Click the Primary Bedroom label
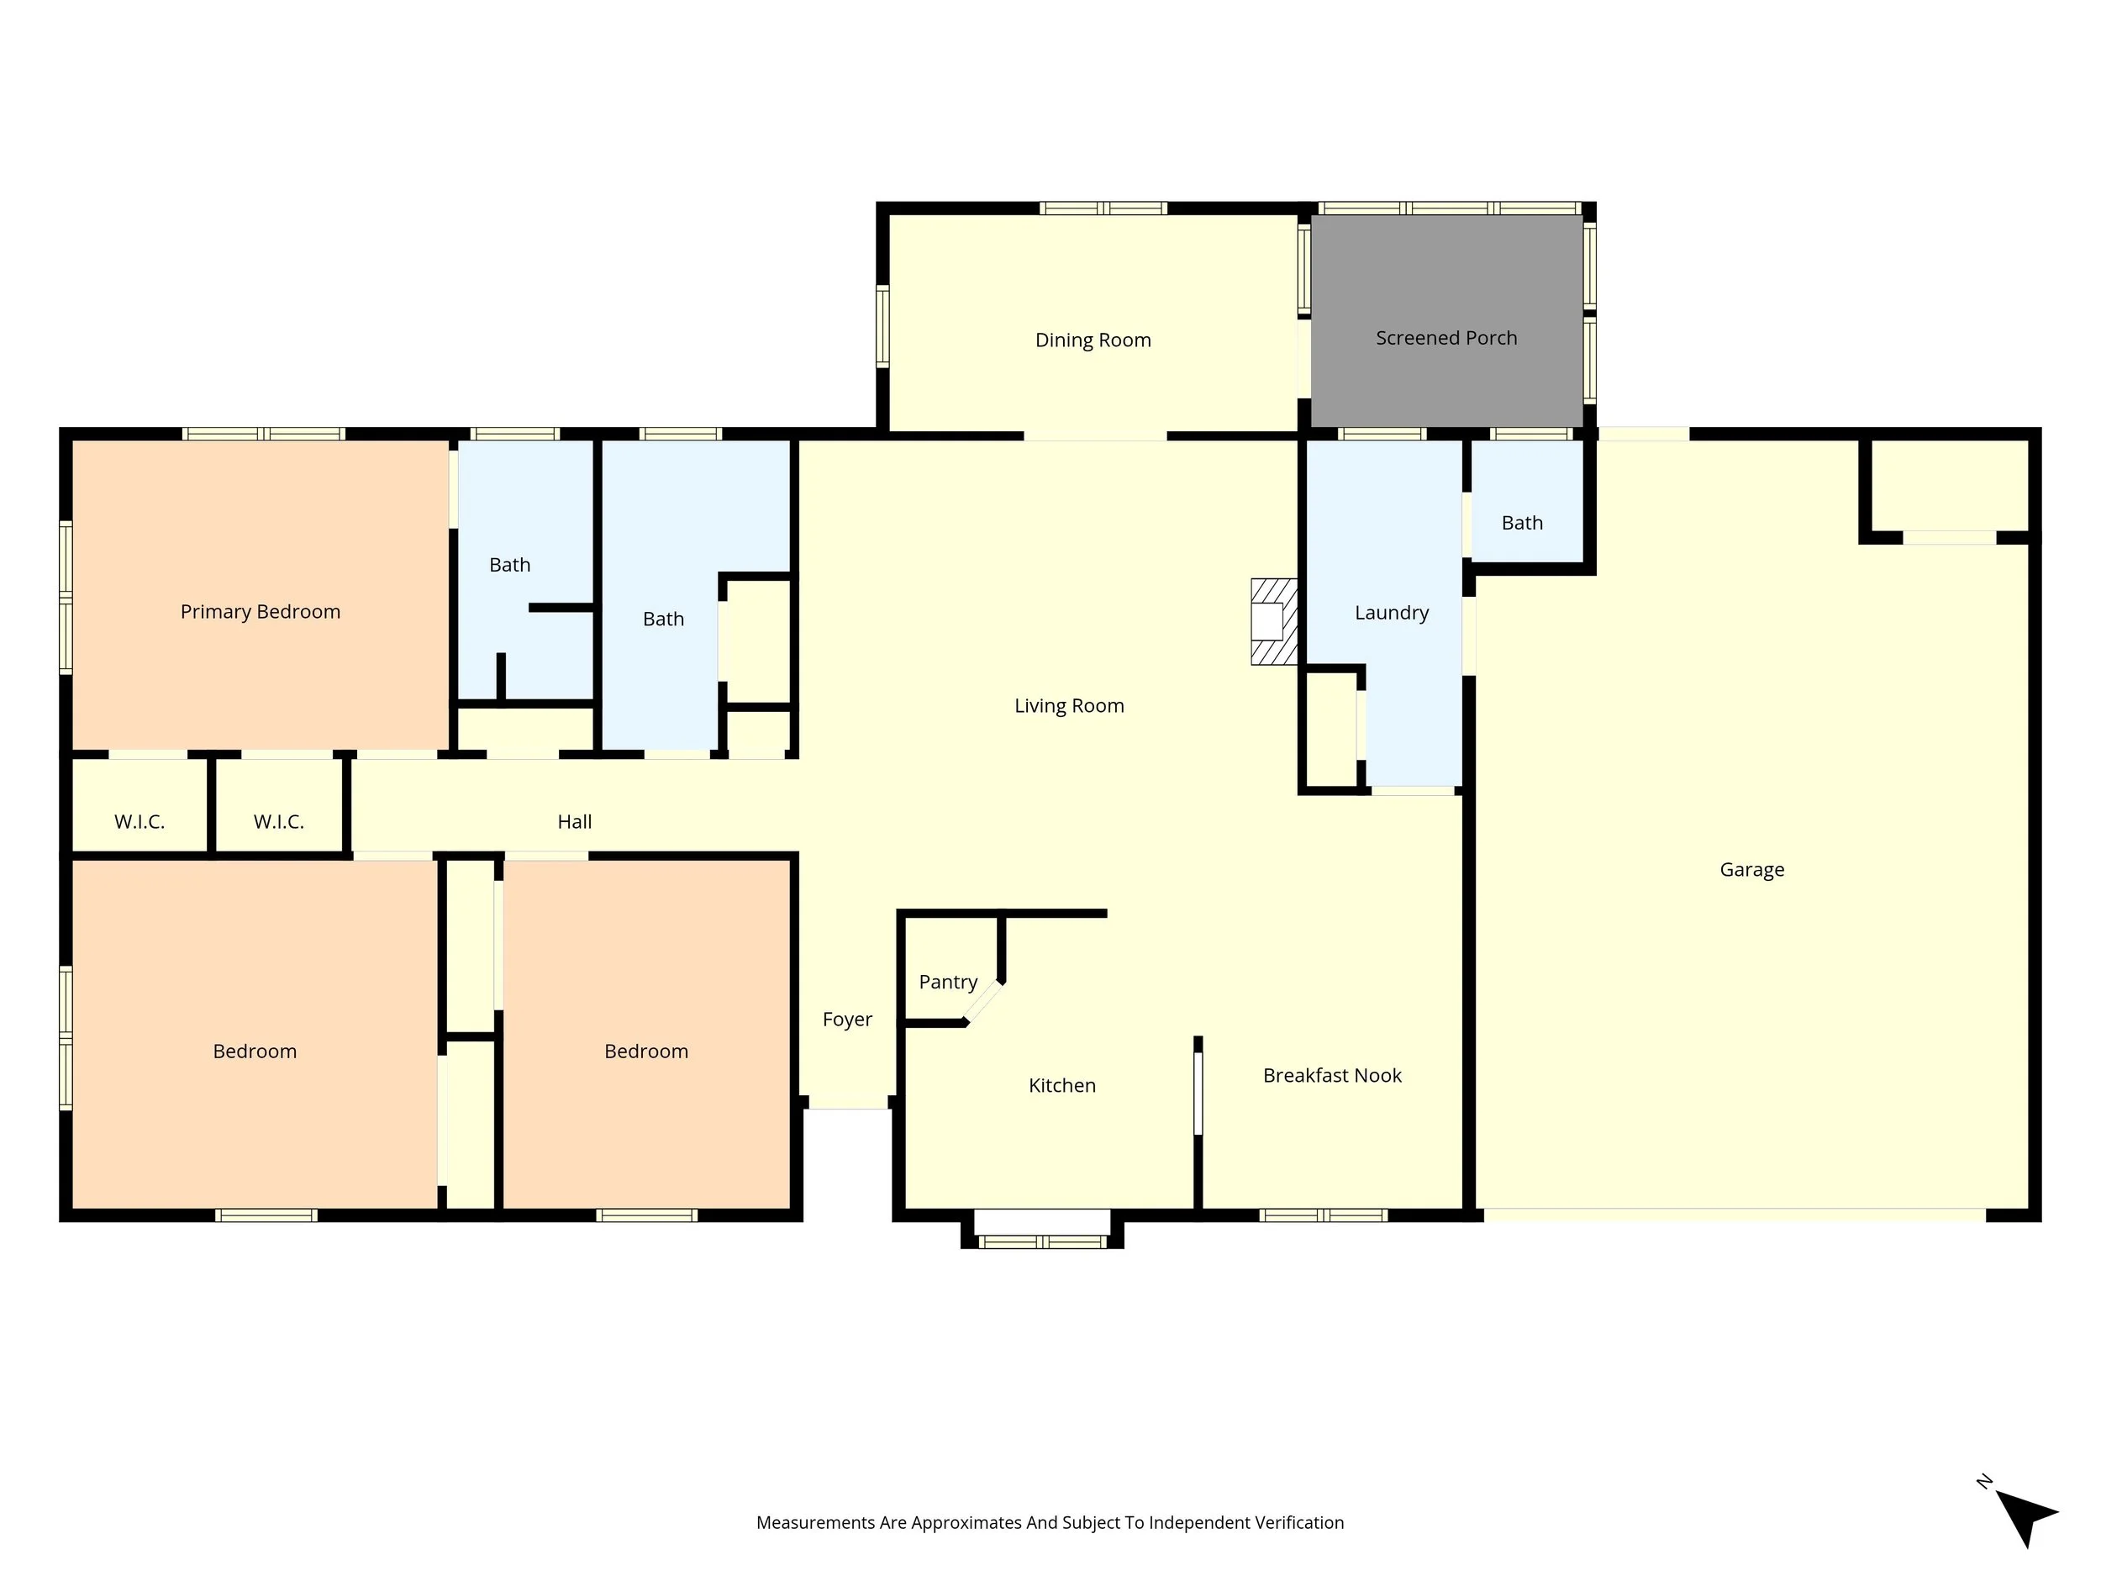pos(261,612)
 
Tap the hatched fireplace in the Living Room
pos(1272,621)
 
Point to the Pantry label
pos(948,983)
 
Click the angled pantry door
pos(984,1003)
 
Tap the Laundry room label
pos(1392,613)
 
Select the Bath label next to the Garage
pos(1522,524)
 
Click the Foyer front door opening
pos(847,1108)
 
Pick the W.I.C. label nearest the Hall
pos(278,822)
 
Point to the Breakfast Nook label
pos(1332,1075)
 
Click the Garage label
pos(1751,869)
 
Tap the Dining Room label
pos(1093,340)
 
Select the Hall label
pos(574,822)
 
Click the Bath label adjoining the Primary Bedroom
pos(509,565)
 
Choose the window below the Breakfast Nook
pos(1323,1215)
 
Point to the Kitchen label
pos(1062,1086)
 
